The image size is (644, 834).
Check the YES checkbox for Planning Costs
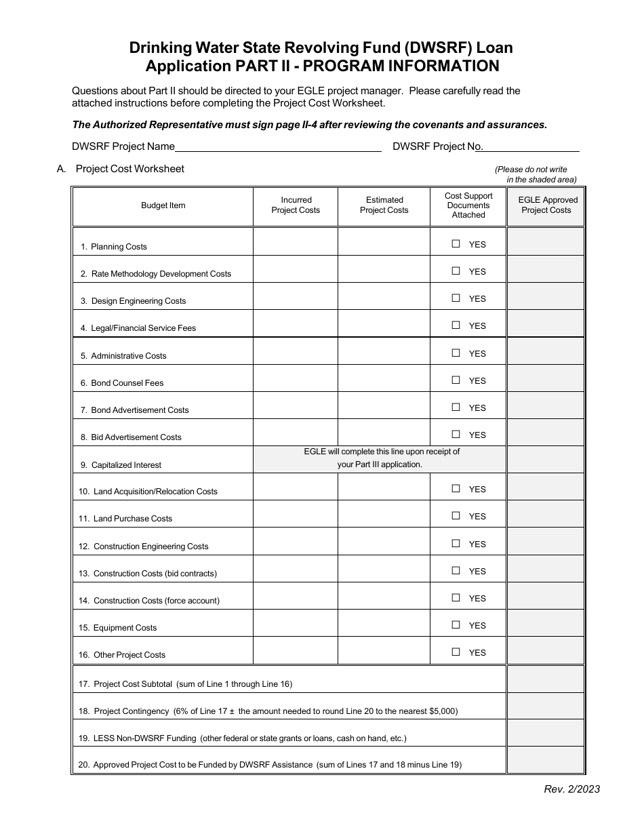point(456,244)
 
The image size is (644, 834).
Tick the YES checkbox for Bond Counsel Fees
point(456,380)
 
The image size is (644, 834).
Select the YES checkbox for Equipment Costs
point(456,625)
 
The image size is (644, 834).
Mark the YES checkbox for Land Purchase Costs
point(456,516)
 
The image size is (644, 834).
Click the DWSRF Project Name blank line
point(278,147)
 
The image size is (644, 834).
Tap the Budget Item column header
point(163,205)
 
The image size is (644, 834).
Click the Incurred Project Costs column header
point(296,205)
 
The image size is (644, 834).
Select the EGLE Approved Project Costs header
point(546,205)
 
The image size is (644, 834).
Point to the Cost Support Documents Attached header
point(468,205)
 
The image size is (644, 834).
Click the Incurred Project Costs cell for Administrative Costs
point(296,351)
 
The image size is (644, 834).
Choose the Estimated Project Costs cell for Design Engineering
point(384,297)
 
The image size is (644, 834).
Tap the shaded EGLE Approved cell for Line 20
point(546,760)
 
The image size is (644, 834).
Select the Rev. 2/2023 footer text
point(562,789)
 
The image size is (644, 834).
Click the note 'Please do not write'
point(531,170)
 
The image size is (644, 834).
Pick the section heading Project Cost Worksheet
point(129,169)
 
